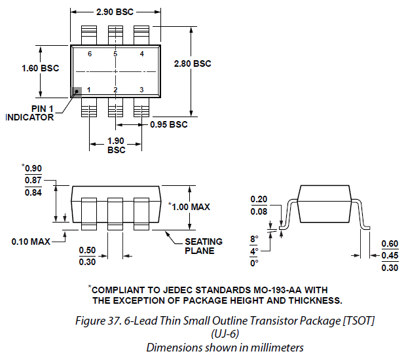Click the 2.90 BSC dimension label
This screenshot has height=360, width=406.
(115, 12)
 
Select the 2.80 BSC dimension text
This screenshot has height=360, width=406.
(193, 63)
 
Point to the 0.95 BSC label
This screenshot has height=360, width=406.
(169, 124)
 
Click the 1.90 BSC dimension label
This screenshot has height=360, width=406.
(116, 145)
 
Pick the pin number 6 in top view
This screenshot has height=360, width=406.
(89, 54)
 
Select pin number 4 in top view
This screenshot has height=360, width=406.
(141, 54)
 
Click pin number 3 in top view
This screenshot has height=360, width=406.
(141, 89)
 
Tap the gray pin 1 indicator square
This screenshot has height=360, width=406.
(77, 93)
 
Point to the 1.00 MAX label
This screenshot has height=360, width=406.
(190, 207)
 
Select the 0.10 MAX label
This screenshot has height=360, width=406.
(31, 242)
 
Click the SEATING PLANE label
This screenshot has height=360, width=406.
(200, 245)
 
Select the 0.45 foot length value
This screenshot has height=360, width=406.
(390, 255)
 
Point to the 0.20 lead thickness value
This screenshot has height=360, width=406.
(259, 200)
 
